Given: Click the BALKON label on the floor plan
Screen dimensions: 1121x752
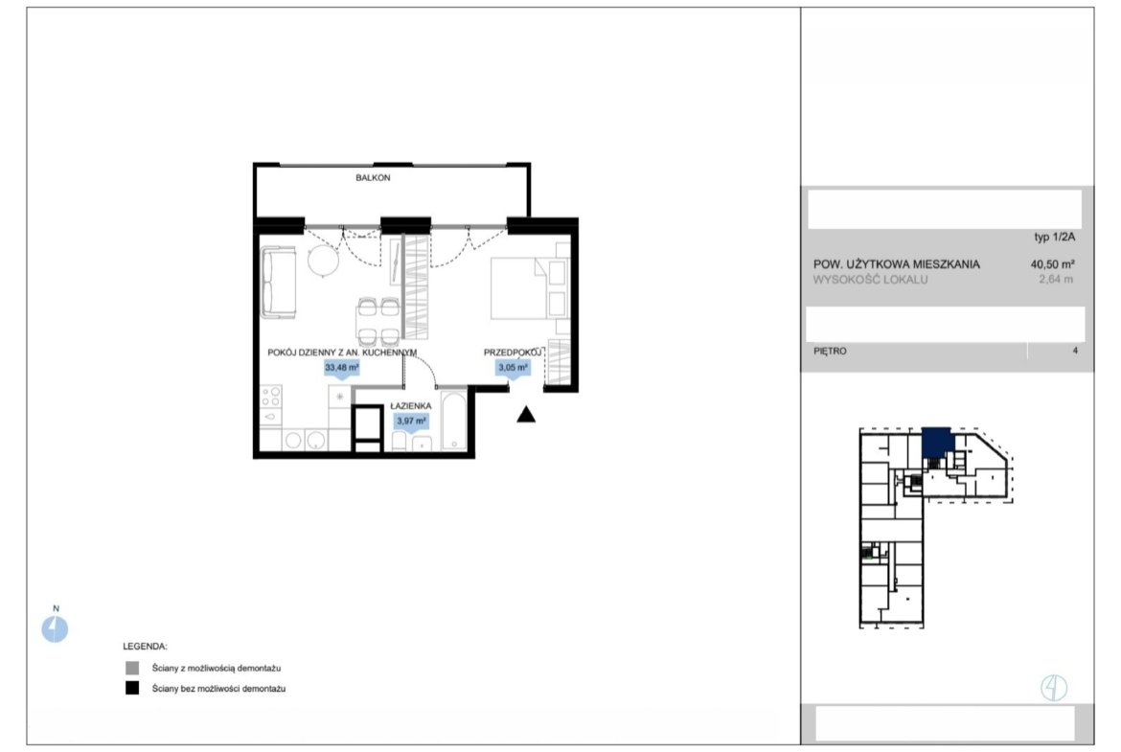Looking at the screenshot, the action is (x=373, y=177).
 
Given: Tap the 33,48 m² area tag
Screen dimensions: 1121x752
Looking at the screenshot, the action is (x=342, y=368).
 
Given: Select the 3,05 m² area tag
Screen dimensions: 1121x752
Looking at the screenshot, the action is (x=513, y=368).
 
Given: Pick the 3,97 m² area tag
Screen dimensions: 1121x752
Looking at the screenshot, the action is (x=411, y=422).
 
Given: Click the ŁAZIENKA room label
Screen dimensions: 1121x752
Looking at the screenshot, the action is (x=410, y=406).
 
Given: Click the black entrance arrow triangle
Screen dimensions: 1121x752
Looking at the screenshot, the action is (x=526, y=414).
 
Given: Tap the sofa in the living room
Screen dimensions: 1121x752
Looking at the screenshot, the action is (x=278, y=282).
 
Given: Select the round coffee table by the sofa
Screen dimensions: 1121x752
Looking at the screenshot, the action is (x=323, y=261).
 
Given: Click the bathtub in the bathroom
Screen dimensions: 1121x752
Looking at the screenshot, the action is (x=453, y=421).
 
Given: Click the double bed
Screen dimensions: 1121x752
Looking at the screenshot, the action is (x=528, y=288).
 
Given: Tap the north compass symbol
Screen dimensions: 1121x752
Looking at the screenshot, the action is (x=55, y=629).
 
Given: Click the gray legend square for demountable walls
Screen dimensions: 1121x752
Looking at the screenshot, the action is (x=132, y=669).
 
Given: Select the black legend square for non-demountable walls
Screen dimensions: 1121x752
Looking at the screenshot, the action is (x=132, y=689).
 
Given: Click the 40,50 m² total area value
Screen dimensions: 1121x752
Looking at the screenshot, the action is (x=1052, y=263).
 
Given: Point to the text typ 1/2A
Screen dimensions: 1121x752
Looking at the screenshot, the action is (x=1055, y=238).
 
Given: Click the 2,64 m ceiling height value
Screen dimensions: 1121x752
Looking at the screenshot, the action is (x=1056, y=280).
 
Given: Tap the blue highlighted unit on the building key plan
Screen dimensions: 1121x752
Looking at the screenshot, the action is (x=936, y=443).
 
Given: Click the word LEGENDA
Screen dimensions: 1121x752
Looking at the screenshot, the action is (x=145, y=647).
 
